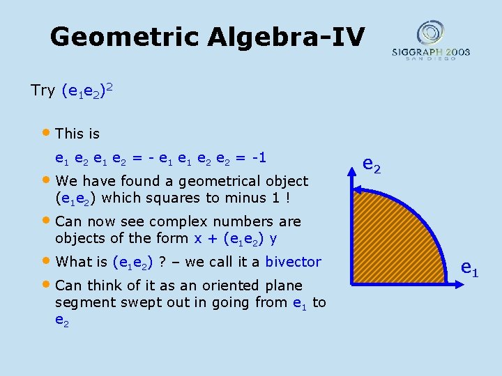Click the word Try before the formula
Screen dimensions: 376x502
[x=43, y=91]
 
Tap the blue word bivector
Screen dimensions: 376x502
[x=293, y=262]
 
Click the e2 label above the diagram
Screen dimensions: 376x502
[x=372, y=165]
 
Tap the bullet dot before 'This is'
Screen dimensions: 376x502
[x=47, y=132]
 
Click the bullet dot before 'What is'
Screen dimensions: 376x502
[x=47, y=261]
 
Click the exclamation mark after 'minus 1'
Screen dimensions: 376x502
[x=288, y=198]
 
